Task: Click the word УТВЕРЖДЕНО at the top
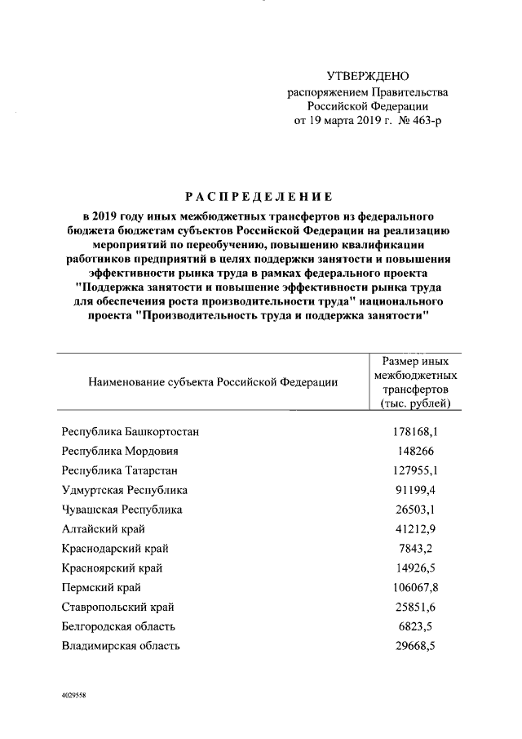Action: coord(367,76)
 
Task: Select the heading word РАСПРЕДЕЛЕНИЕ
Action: coord(260,198)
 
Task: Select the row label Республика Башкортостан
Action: coord(130,432)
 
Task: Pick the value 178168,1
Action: coord(416,432)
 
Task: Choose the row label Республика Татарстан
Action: coord(120,471)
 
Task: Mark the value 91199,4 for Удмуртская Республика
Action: coord(416,491)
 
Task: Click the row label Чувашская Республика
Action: coord(122,510)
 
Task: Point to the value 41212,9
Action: coord(416,530)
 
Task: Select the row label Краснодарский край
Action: coord(115,550)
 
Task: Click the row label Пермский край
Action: coord(100,588)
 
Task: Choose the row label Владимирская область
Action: coord(121,647)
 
